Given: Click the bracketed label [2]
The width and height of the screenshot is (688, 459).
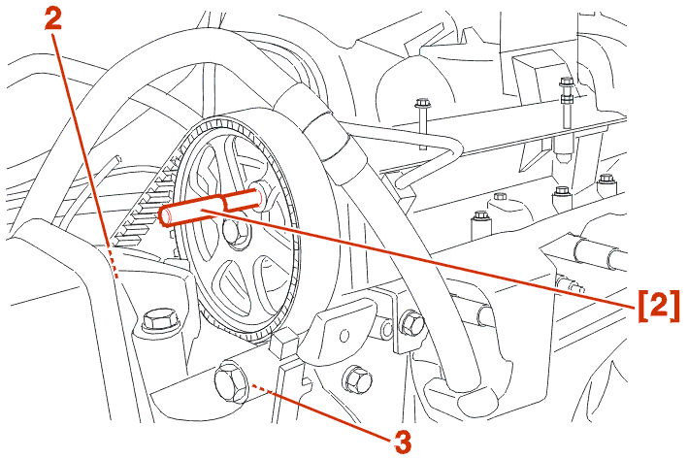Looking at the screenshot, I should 657,305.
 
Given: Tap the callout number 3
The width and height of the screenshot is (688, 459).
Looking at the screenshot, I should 403,442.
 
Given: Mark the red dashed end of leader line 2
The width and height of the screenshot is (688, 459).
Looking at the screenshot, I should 114,265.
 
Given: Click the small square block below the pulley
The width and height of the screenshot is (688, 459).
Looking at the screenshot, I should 285,343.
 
